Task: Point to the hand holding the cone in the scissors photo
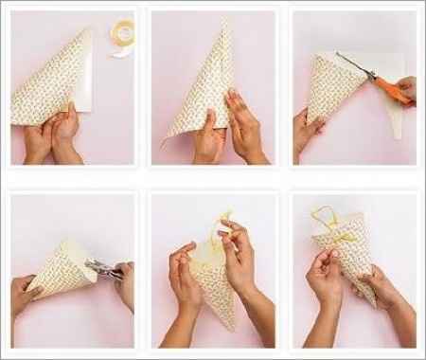point(308,128)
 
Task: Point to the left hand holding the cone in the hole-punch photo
point(26,294)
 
